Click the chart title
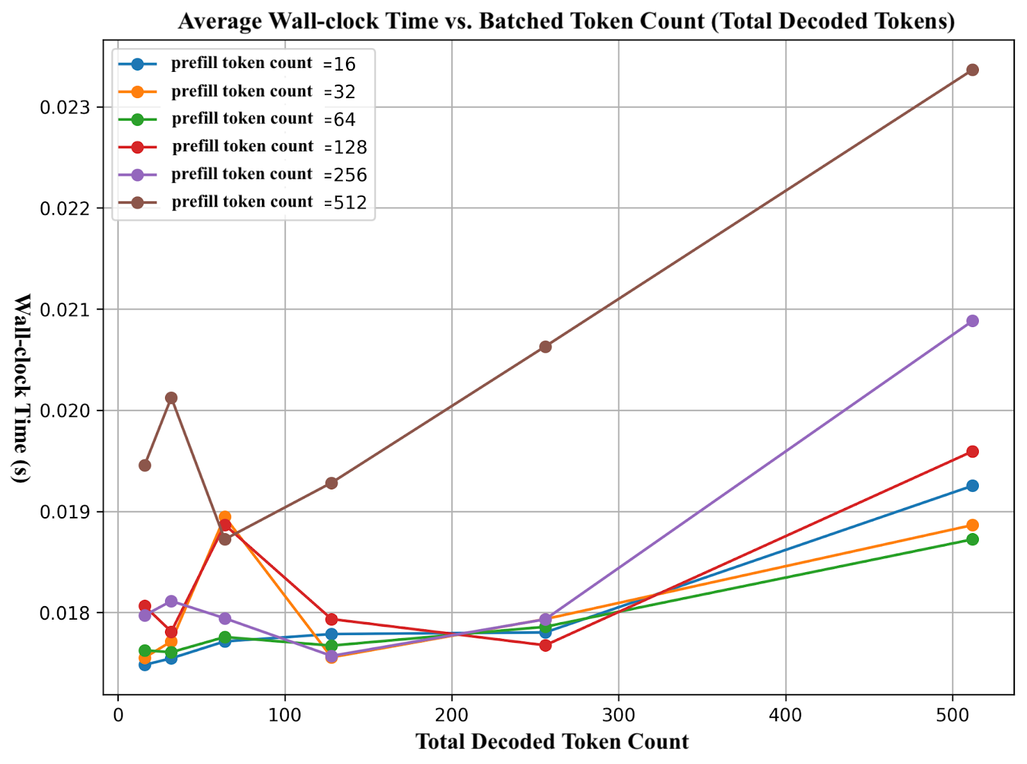[566, 21]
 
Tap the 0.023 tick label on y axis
[65, 107]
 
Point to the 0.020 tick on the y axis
[65, 411]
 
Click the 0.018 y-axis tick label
[65, 613]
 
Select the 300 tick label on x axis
[618, 715]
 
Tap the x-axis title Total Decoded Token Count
[552, 742]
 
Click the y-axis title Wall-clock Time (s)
[22, 388]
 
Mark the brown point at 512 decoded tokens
[972, 69]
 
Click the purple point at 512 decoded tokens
[972, 321]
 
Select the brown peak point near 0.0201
[171, 398]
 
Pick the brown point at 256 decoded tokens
[546, 346]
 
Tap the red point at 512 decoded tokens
[972, 452]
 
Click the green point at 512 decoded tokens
[972, 539]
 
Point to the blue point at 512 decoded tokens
[972, 486]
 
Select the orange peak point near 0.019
[225, 516]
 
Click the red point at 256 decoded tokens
[546, 645]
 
